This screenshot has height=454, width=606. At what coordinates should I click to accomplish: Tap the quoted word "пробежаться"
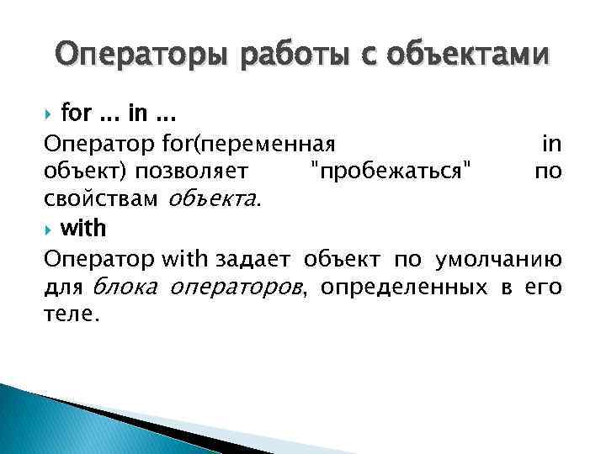[391, 172]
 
